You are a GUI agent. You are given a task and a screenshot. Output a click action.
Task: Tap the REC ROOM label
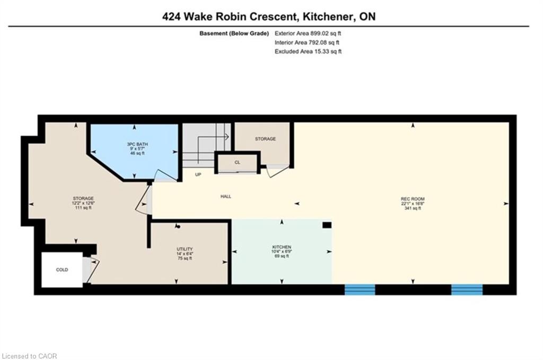point(413,199)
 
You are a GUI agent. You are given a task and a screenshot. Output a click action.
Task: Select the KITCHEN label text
point(282,247)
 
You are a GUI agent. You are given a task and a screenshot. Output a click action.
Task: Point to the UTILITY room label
point(185,249)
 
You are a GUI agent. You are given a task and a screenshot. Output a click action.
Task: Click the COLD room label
point(62,270)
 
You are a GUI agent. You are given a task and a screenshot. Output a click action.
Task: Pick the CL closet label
point(237,162)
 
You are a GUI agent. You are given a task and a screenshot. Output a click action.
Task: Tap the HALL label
point(226,197)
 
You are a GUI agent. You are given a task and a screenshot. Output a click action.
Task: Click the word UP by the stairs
point(198,174)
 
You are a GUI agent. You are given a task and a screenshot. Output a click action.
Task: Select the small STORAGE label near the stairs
point(266,139)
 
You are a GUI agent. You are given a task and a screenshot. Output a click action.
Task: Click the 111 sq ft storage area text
point(83,208)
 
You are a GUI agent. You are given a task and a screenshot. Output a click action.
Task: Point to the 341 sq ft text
point(413,208)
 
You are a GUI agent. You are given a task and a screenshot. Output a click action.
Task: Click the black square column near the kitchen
point(327,225)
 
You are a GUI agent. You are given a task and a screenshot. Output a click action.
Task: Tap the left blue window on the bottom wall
point(360,289)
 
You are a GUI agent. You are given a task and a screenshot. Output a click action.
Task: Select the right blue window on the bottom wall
point(467,289)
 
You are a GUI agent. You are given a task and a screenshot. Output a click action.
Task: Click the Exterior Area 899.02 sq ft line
point(308,33)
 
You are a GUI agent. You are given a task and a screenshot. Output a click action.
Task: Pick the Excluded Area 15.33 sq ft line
point(308,51)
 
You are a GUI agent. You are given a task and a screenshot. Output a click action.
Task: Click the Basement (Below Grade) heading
point(234,33)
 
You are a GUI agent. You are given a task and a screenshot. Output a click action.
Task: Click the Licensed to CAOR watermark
point(30,356)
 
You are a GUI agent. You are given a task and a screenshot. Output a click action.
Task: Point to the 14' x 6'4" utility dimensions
point(185,254)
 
